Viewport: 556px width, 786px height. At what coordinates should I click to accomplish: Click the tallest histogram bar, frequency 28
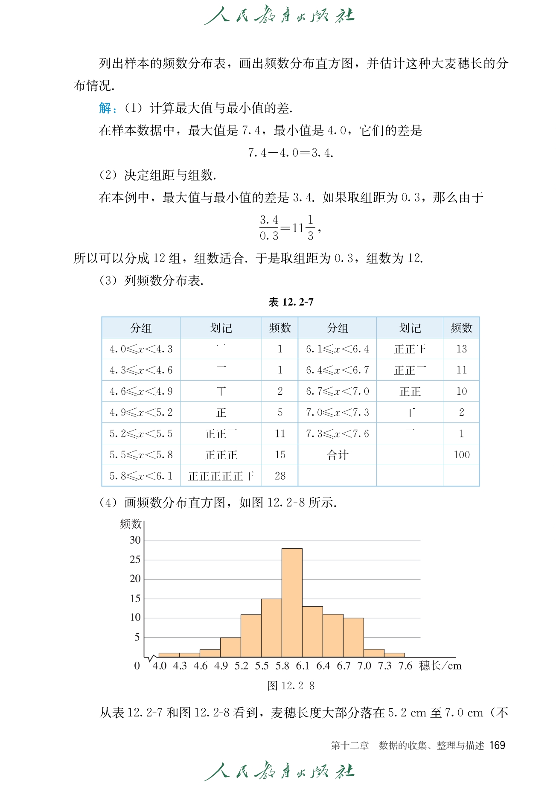click(x=292, y=603)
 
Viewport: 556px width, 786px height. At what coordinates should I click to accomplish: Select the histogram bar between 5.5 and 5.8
click(x=271, y=628)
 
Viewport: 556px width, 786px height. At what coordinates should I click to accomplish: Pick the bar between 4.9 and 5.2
click(x=230, y=647)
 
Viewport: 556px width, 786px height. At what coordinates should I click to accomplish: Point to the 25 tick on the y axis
click(x=135, y=559)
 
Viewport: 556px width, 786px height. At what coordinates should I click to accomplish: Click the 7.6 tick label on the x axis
click(x=405, y=666)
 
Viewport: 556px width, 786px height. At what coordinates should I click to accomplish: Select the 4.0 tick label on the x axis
click(x=159, y=666)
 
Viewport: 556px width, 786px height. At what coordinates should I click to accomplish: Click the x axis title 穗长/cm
click(x=440, y=666)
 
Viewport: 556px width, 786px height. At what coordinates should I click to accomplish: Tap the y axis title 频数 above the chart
click(x=131, y=524)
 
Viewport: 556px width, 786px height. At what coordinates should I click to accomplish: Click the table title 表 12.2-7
click(x=291, y=302)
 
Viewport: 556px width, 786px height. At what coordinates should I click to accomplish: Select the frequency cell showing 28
click(x=280, y=476)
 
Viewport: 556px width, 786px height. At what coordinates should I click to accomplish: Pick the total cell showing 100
click(x=461, y=455)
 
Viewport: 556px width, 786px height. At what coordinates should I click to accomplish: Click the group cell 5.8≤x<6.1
click(x=141, y=476)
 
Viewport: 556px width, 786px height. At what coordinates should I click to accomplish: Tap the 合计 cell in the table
click(x=338, y=455)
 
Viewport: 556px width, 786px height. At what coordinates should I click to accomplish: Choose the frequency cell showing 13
click(x=461, y=349)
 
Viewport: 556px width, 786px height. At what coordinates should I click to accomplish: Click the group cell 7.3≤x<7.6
click(x=338, y=434)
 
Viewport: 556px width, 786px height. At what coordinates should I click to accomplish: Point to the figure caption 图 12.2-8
click(x=291, y=686)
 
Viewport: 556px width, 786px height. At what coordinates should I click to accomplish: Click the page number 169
click(x=497, y=745)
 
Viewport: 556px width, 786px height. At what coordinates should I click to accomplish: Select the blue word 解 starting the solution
click(x=105, y=108)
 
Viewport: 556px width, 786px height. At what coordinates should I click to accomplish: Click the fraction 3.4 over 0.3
click(x=269, y=228)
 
